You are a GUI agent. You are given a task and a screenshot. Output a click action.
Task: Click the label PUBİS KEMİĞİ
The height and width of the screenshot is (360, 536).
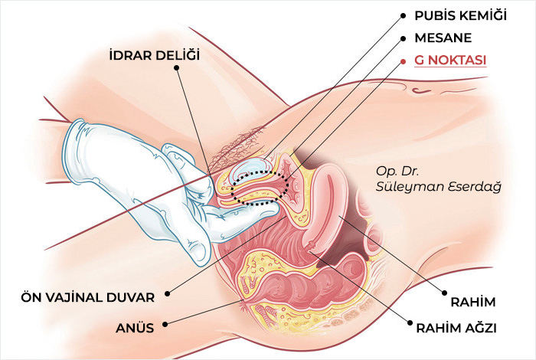pyautogui.click(x=460, y=16)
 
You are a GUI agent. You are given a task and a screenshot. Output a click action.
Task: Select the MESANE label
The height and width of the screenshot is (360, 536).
pyautogui.click(x=443, y=38)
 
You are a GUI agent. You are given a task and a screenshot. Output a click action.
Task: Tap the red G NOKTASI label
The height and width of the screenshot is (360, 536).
pyautogui.click(x=450, y=61)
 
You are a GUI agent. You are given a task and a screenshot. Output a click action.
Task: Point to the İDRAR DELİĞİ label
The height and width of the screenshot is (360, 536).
pyautogui.click(x=155, y=55)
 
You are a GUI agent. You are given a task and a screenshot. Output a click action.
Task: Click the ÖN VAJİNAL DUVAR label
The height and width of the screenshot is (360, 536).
pyautogui.click(x=88, y=297)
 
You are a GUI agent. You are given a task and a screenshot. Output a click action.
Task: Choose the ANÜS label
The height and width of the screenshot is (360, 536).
pyautogui.click(x=135, y=328)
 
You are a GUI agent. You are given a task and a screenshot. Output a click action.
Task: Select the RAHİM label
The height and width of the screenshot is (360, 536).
pyautogui.click(x=472, y=303)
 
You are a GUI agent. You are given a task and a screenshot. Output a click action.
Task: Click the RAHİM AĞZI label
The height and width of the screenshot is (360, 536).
pyautogui.click(x=456, y=328)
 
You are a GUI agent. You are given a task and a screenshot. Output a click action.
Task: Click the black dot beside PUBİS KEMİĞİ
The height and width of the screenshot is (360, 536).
pyautogui.click(x=404, y=16)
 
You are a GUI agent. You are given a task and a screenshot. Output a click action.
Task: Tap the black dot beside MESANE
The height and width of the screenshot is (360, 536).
pyautogui.click(x=404, y=39)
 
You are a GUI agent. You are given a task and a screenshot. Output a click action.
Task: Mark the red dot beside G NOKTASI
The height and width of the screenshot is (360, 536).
pyautogui.click(x=404, y=61)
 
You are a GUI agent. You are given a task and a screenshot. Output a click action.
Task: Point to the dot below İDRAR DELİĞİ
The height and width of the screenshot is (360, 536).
pyautogui.click(x=176, y=67)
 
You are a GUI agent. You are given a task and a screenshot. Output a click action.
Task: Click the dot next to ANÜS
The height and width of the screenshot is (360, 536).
pyautogui.click(x=165, y=324)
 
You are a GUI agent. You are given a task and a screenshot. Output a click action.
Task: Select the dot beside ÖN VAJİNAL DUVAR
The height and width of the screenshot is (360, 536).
pyautogui.click(x=167, y=293)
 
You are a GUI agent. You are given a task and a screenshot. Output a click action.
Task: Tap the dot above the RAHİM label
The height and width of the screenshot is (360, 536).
pyautogui.click(x=444, y=293)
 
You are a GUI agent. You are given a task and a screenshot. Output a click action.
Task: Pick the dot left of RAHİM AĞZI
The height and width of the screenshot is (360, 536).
pyautogui.click(x=410, y=322)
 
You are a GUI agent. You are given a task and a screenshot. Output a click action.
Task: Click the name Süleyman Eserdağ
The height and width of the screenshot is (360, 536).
pyautogui.click(x=439, y=187)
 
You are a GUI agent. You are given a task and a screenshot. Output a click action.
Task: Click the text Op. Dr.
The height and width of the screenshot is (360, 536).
pyautogui.click(x=397, y=172)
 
